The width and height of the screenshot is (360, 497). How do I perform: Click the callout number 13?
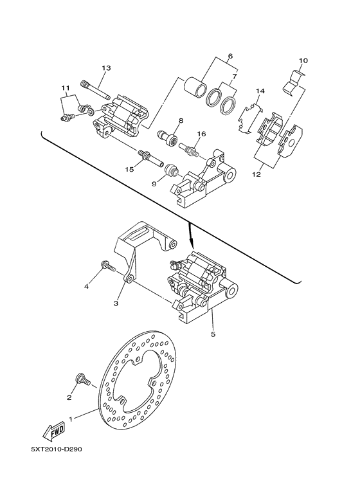[x=107, y=68]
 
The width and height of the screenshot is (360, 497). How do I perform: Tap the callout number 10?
[x=303, y=61]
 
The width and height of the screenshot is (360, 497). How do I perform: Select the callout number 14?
[x=260, y=91]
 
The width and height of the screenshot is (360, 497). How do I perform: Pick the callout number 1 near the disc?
[x=71, y=418]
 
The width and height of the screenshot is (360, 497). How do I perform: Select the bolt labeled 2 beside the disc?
[x=83, y=381]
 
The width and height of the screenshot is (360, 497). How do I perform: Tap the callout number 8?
[x=163, y=121]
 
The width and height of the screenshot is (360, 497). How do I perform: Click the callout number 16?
[x=201, y=134]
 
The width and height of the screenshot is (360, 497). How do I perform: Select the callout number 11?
[x=65, y=88]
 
